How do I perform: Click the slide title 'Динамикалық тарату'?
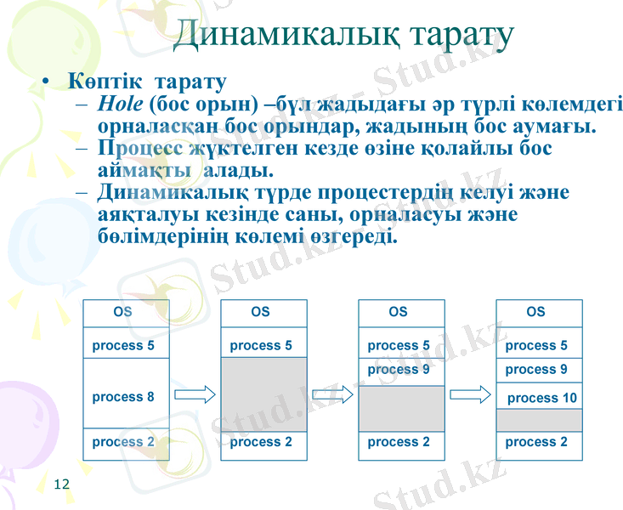point(343,35)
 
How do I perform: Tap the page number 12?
point(61,484)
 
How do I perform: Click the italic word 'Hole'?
point(120,105)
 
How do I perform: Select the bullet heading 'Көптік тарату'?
point(147,83)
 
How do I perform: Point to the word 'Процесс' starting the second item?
point(139,148)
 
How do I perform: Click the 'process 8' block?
point(124,397)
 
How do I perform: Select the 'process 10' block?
point(541,398)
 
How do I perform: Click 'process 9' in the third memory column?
point(399,370)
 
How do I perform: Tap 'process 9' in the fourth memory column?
point(536,370)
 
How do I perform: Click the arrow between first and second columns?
point(195,394)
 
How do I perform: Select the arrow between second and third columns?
point(332,394)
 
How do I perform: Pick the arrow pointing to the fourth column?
point(470,394)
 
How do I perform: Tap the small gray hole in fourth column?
point(539,420)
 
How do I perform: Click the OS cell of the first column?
point(124,312)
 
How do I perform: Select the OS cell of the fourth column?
point(536,312)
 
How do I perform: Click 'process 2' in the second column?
point(261,442)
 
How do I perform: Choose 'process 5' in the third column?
point(399,346)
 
